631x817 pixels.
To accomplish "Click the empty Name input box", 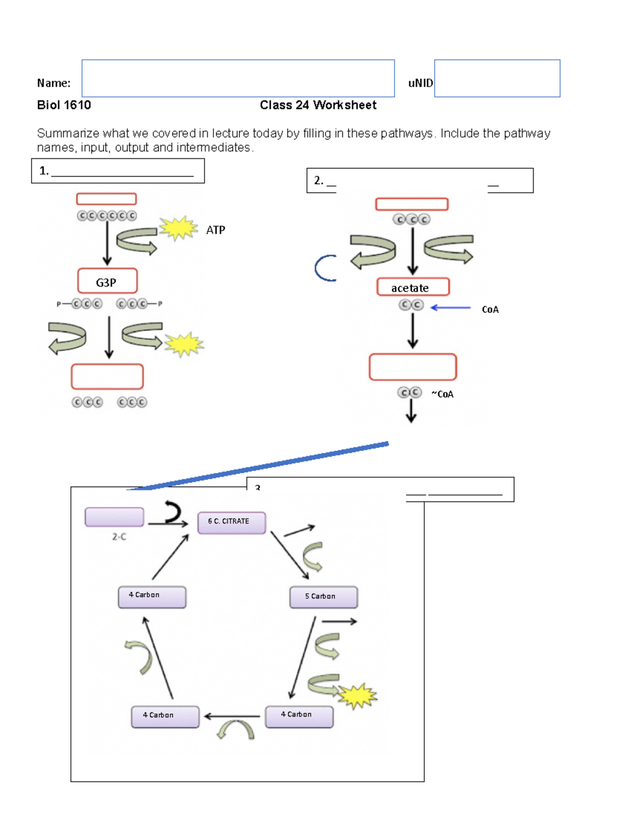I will [238, 78].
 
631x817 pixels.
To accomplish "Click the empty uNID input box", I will [497, 78].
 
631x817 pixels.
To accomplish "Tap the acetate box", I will [413, 287].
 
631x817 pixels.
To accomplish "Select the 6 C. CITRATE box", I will [231, 522].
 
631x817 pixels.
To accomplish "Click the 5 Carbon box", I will [323, 597].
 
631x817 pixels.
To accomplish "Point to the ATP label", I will [216, 230].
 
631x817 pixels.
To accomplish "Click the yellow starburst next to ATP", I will [178, 228].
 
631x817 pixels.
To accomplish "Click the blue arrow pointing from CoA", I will [451, 308].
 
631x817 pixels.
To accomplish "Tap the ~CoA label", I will [443, 394].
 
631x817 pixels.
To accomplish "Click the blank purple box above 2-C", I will [114, 517].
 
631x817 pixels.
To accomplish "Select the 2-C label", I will [119, 537].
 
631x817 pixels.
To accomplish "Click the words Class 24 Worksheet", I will [318, 105].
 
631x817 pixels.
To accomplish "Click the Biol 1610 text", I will [64, 105].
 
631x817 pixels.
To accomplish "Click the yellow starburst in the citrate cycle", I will [358, 696].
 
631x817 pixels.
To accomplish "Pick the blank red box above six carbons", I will [106, 199].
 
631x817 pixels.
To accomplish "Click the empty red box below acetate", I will [413, 367].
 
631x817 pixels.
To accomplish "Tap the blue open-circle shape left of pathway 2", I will [324, 268].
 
